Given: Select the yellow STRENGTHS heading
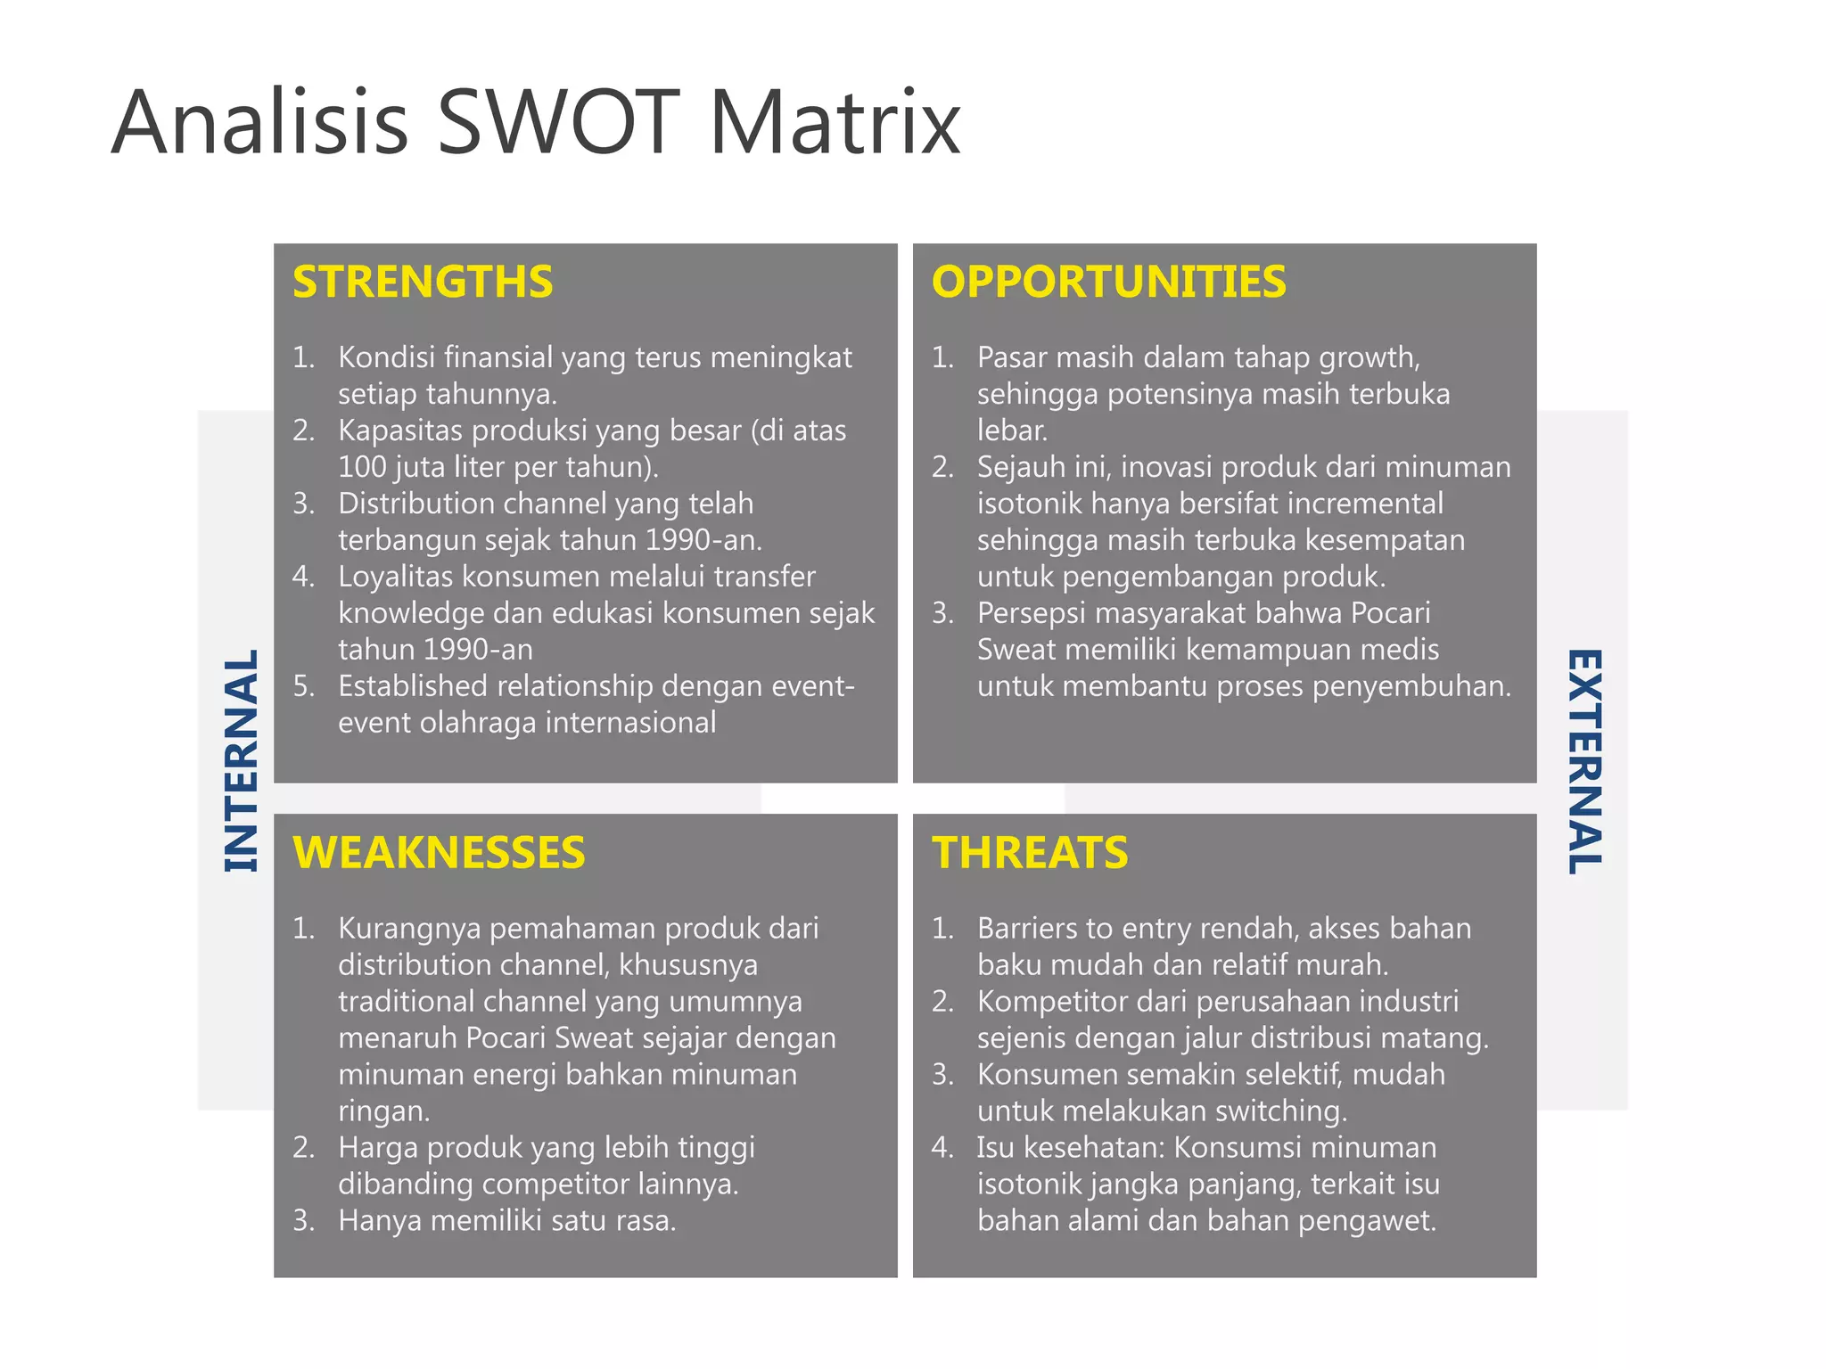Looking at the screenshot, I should (423, 282).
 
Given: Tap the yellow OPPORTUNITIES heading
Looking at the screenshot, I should (1108, 282).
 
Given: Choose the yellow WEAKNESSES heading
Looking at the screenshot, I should (439, 853).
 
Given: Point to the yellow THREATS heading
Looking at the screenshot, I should (1030, 853).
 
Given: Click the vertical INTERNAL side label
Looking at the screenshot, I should (241, 760).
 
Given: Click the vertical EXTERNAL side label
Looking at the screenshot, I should (1584, 760).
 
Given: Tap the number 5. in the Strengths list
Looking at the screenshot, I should (304, 686).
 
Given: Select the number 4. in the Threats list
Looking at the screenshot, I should (942, 1147).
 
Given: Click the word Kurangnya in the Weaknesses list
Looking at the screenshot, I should (409, 930).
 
